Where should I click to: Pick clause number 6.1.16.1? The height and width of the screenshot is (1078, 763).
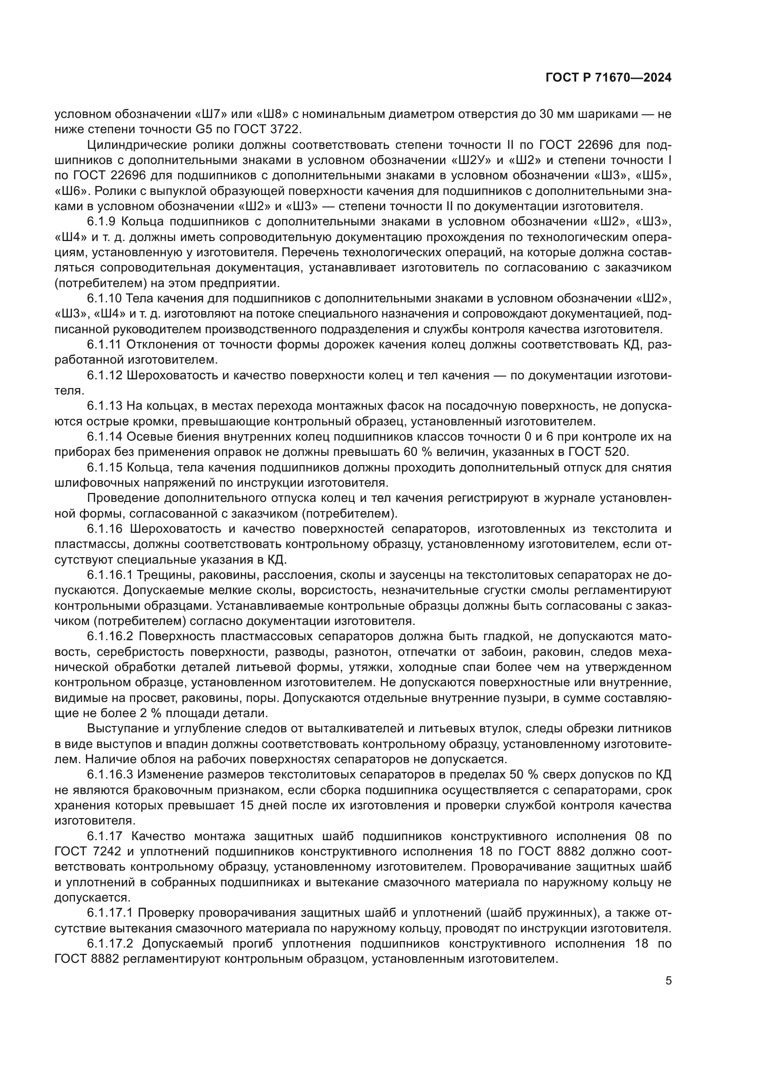point(111,575)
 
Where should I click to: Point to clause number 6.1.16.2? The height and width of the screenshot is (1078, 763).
point(111,636)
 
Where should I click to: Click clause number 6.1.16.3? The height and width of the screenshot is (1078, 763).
point(111,775)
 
